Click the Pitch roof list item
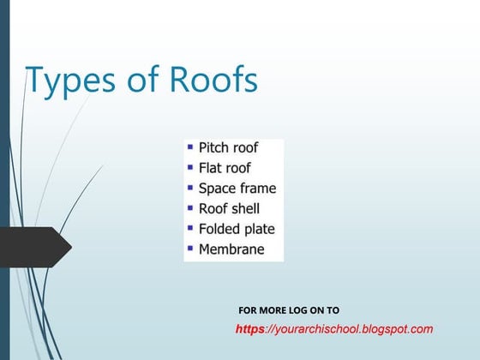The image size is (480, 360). pos(228,147)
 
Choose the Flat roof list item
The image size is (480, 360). pos(225,168)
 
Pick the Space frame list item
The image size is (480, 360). pos(237,189)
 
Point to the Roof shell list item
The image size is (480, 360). pos(229,208)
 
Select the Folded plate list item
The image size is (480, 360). pos(237,229)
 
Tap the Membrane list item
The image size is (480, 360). pos(231,249)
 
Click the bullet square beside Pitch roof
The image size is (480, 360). pos(190,147)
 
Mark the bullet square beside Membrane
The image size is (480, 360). pos(190,249)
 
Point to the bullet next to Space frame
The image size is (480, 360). pos(190,187)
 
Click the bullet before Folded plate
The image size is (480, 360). pos(190,228)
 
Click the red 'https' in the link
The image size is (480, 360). pos(249,329)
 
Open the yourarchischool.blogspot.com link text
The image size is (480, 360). pos(351,329)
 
